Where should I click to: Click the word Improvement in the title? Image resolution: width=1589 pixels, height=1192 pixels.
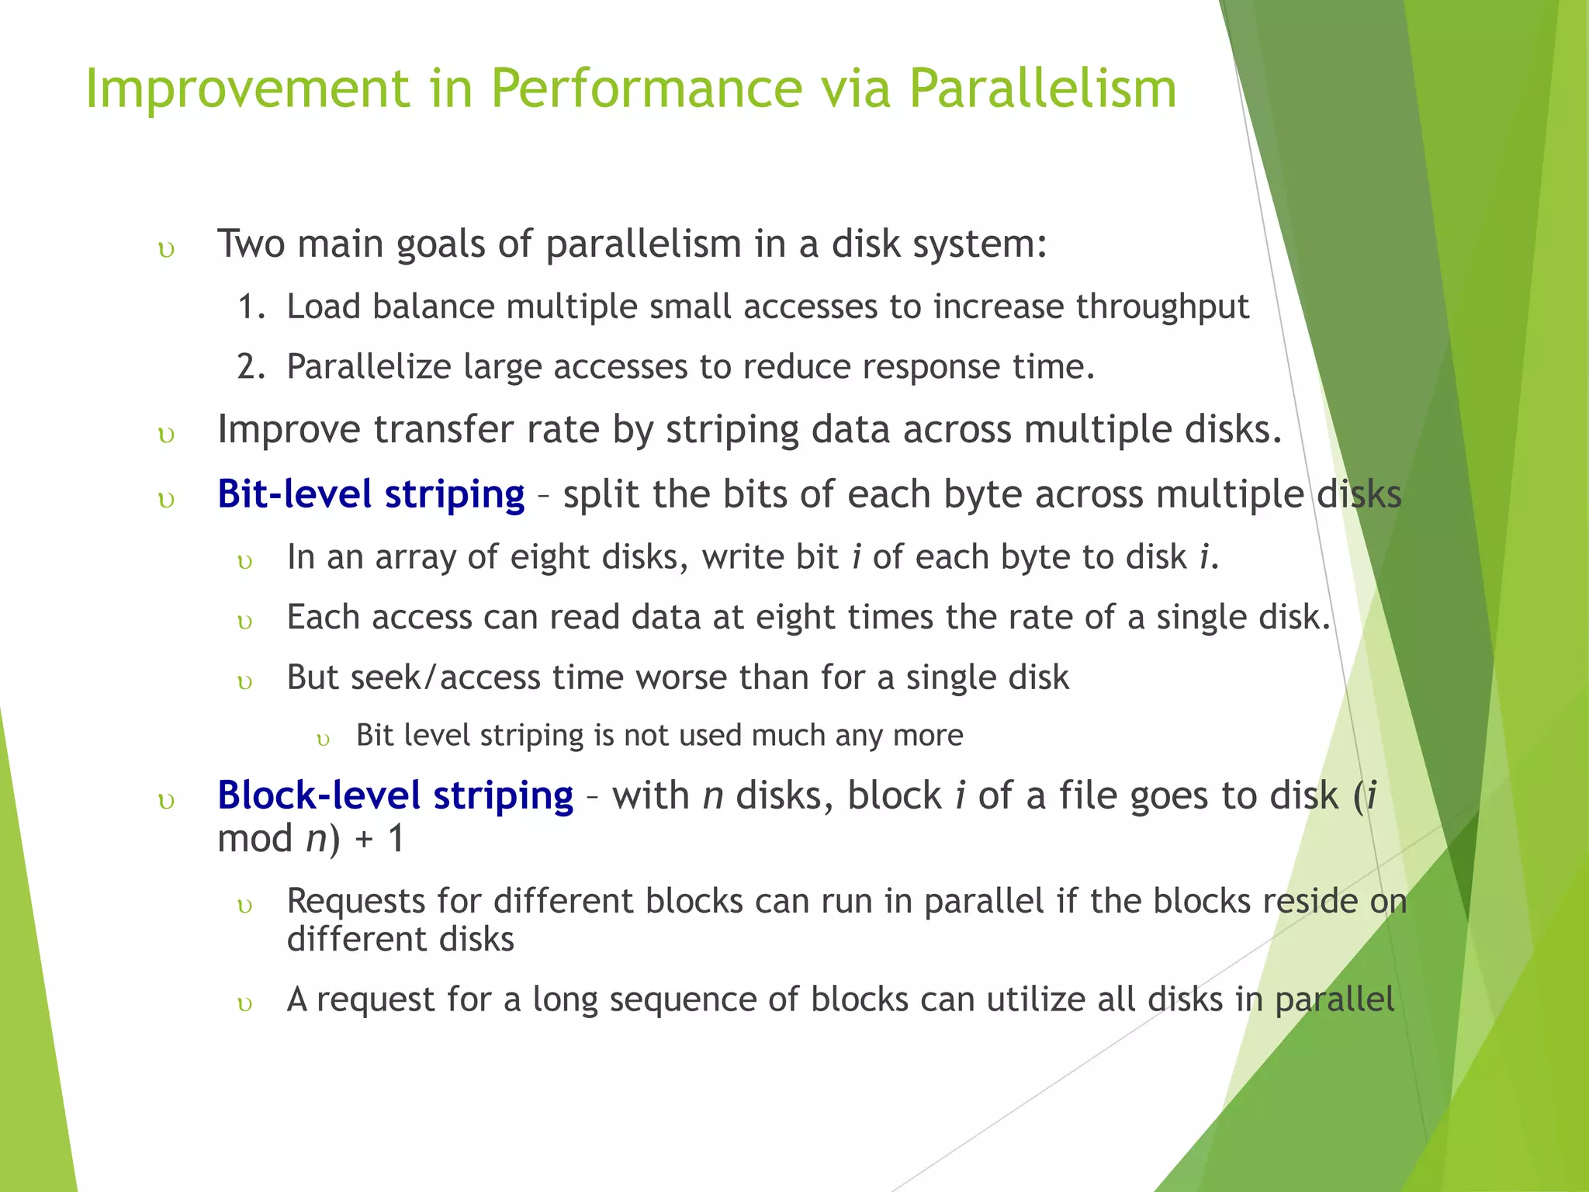247,88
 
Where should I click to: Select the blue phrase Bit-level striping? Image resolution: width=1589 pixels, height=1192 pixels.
371,494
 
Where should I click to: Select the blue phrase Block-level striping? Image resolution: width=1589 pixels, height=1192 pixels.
395,795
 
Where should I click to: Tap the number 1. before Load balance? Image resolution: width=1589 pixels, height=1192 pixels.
251,307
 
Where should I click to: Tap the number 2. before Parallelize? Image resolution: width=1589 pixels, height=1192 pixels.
251,366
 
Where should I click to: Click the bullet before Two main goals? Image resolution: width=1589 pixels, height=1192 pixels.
166,250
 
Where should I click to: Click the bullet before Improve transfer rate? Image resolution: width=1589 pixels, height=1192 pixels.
166,435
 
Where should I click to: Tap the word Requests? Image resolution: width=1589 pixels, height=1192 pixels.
356,902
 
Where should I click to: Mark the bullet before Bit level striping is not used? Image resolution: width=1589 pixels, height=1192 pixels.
324,740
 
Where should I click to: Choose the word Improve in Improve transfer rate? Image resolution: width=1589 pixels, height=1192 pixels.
289,429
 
